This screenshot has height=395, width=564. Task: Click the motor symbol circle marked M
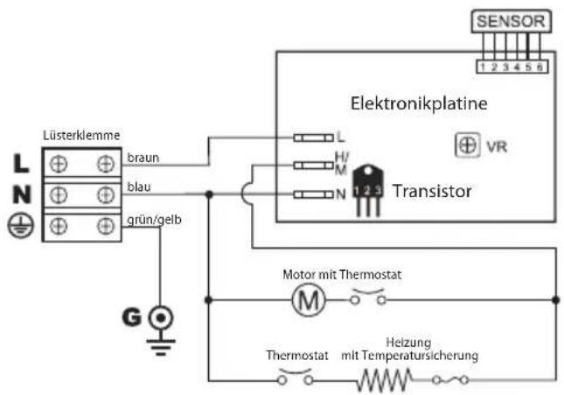pyautogui.click(x=308, y=300)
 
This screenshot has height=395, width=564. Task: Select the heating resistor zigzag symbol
pyautogui.click(x=384, y=379)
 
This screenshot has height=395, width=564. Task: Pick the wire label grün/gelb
pyautogui.click(x=154, y=210)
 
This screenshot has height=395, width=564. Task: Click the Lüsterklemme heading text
pyautogui.click(x=81, y=136)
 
